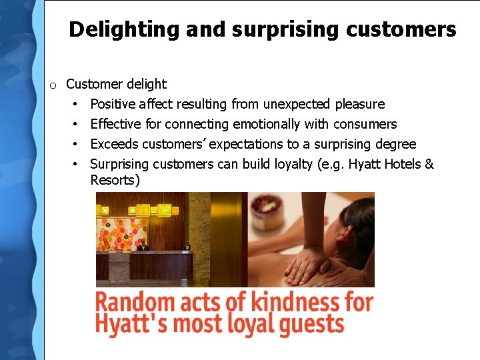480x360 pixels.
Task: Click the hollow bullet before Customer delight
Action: [53, 85]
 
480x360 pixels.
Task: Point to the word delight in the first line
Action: [147, 84]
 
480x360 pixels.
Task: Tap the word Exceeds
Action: [114, 144]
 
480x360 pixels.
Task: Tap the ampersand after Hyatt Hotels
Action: [429, 164]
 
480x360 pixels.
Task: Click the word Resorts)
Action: [115, 181]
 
